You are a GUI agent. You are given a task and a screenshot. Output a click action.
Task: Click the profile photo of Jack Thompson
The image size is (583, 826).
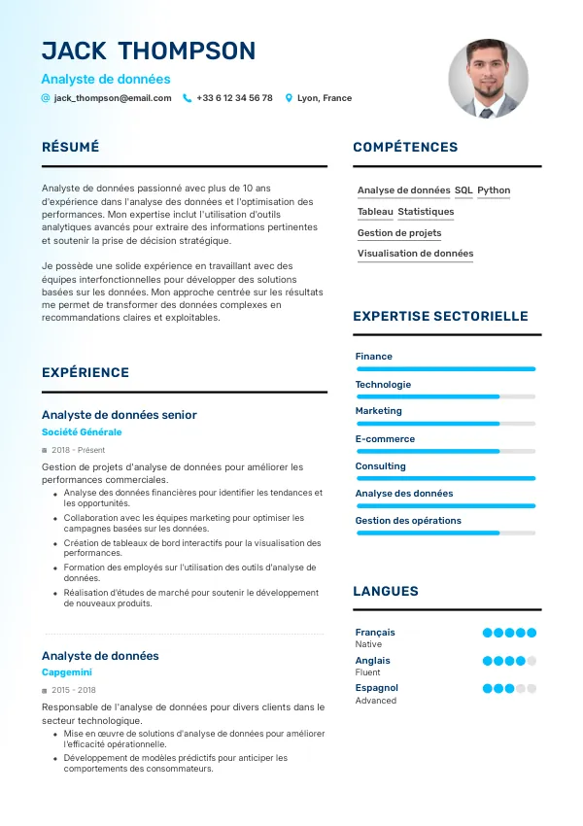coord(488,79)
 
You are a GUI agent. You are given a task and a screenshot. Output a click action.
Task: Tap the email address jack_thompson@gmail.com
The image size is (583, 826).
coord(113,98)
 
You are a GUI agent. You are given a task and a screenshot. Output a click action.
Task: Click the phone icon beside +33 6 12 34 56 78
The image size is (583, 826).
coord(188,98)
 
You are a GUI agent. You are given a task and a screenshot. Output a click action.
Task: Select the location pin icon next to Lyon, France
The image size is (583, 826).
coord(289,98)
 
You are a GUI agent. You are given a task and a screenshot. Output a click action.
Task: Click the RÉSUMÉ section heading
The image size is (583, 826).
coord(71,147)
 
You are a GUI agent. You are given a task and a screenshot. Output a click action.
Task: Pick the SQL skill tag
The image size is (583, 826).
coord(463,190)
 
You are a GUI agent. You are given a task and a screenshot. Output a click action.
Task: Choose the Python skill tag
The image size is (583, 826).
coord(494,190)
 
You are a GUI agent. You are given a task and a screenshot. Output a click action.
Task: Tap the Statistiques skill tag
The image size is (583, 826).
coord(426,212)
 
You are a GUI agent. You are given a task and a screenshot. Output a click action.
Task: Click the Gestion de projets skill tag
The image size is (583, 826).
coord(399,233)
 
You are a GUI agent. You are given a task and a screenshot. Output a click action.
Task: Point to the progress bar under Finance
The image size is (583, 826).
coord(446,369)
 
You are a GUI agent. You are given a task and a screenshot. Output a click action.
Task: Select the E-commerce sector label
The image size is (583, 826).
coord(385,439)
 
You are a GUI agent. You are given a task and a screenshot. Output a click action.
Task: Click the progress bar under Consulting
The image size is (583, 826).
coord(446,478)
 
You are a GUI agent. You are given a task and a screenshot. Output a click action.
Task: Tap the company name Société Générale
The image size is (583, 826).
coord(82,432)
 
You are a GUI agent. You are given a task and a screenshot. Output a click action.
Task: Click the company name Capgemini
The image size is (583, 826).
coord(67,672)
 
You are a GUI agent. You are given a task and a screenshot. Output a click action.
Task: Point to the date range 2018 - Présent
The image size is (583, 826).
coord(78,451)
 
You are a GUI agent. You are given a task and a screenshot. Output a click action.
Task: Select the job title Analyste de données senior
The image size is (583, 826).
coord(120,415)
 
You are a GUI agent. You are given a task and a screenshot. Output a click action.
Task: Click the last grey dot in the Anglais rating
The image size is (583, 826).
coord(532,661)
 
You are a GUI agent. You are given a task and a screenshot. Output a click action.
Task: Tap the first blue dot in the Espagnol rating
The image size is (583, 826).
coord(488,689)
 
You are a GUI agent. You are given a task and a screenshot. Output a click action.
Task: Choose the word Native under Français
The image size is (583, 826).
coord(368,644)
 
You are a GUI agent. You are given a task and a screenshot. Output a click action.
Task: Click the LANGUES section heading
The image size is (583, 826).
coord(386,591)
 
